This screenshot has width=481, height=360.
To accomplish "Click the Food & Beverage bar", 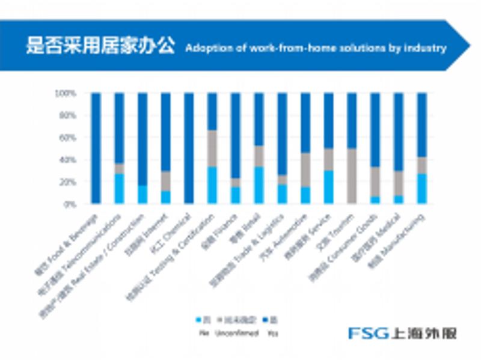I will [x=96, y=148].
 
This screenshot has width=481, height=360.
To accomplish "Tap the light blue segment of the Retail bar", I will [x=259, y=185].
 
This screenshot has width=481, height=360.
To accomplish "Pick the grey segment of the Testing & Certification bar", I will [x=212, y=148].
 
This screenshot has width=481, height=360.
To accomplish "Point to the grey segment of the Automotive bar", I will [x=305, y=170].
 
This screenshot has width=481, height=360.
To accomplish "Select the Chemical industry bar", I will [x=189, y=148].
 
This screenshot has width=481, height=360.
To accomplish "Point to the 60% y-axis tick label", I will [x=67, y=138].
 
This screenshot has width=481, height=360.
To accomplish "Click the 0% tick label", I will [x=69, y=204].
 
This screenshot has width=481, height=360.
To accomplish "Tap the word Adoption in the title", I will [x=205, y=47].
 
